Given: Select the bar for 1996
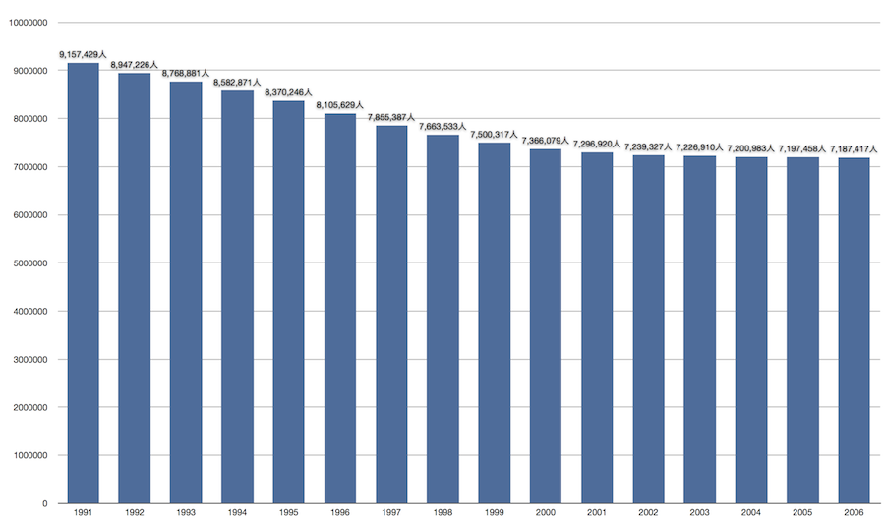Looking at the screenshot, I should (x=340, y=309).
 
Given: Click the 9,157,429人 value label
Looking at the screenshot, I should (x=84, y=55).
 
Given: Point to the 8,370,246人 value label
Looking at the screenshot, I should (x=289, y=93).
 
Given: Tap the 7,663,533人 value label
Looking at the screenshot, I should (x=442, y=127).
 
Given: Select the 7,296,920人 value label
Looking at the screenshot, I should (x=597, y=145).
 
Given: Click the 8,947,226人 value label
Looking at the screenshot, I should (x=135, y=65).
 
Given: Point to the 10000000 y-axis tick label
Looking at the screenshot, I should (x=26, y=23).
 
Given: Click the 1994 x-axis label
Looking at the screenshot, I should (x=238, y=514).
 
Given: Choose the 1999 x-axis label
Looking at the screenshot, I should (x=495, y=514).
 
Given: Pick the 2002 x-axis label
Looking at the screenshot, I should (x=649, y=514).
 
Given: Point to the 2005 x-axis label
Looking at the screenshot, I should (x=803, y=514).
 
